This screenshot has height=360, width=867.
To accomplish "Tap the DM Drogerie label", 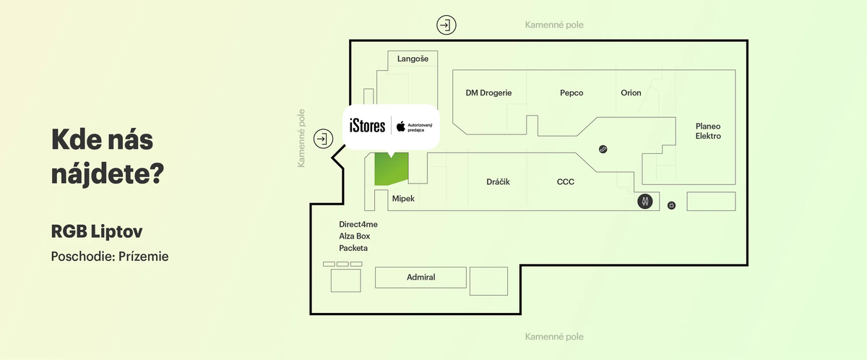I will pos(488,93).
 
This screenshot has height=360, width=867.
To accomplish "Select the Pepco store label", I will pos(571,93).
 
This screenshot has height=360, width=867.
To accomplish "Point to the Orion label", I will pos(631,93).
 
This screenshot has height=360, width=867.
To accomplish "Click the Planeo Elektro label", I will pos(708,131).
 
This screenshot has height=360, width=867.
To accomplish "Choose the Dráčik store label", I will pos(498,181).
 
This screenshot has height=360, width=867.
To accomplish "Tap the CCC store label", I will pos(566,181).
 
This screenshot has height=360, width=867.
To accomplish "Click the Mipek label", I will pos(403,198).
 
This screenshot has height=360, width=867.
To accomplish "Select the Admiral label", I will pos(421,277).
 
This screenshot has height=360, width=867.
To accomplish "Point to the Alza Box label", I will pos(354,236).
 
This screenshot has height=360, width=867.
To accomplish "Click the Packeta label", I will pos(353,248).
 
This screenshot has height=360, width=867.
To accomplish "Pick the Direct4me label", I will pos(358,224).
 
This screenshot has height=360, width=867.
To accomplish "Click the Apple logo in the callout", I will pos(400,128).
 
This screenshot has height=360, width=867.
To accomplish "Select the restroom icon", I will pos(645,202).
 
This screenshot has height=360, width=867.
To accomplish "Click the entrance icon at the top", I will pos(447,25).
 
